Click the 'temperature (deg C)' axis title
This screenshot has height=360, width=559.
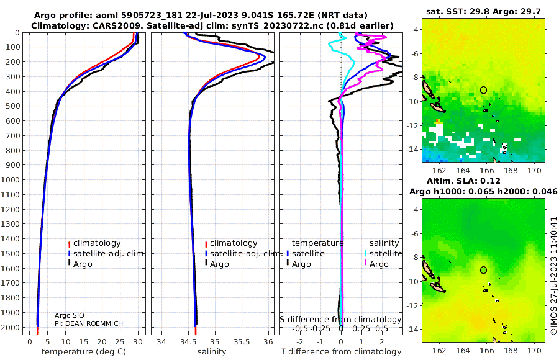84,352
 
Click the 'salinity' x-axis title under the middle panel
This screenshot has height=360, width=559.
212,352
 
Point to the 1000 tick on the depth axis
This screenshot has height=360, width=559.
11,179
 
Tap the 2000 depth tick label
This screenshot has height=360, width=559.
11,327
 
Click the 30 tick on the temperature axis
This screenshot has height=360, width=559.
138,342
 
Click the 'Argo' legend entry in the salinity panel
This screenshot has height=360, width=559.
217,264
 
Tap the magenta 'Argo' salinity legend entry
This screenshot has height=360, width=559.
376,264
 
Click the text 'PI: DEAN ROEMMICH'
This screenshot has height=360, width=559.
89,323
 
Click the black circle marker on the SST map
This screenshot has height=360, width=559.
483,90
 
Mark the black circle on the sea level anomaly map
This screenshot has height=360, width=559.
483,270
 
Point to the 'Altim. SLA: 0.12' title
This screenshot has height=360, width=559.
463,181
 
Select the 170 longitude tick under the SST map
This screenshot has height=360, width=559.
534,171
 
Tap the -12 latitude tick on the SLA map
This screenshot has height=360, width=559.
413,305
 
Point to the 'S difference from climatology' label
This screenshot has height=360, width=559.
340,320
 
